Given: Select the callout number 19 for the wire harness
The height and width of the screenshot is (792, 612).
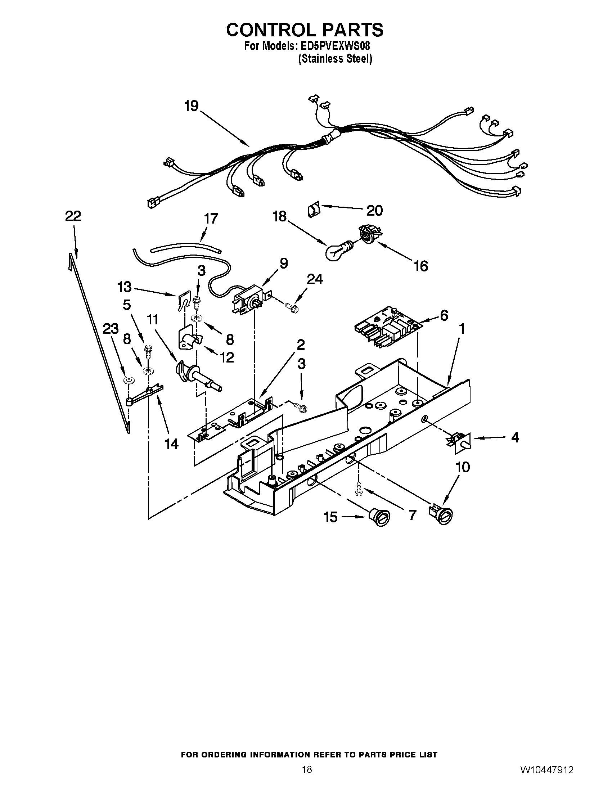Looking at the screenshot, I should pyautogui.click(x=191, y=106).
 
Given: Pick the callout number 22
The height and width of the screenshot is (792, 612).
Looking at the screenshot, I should pyautogui.click(x=73, y=216).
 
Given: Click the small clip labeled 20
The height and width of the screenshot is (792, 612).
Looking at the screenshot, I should pyautogui.click(x=313, y=210).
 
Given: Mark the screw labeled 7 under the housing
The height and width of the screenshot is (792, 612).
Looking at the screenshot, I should pyautogui.click(x=359, y=487).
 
